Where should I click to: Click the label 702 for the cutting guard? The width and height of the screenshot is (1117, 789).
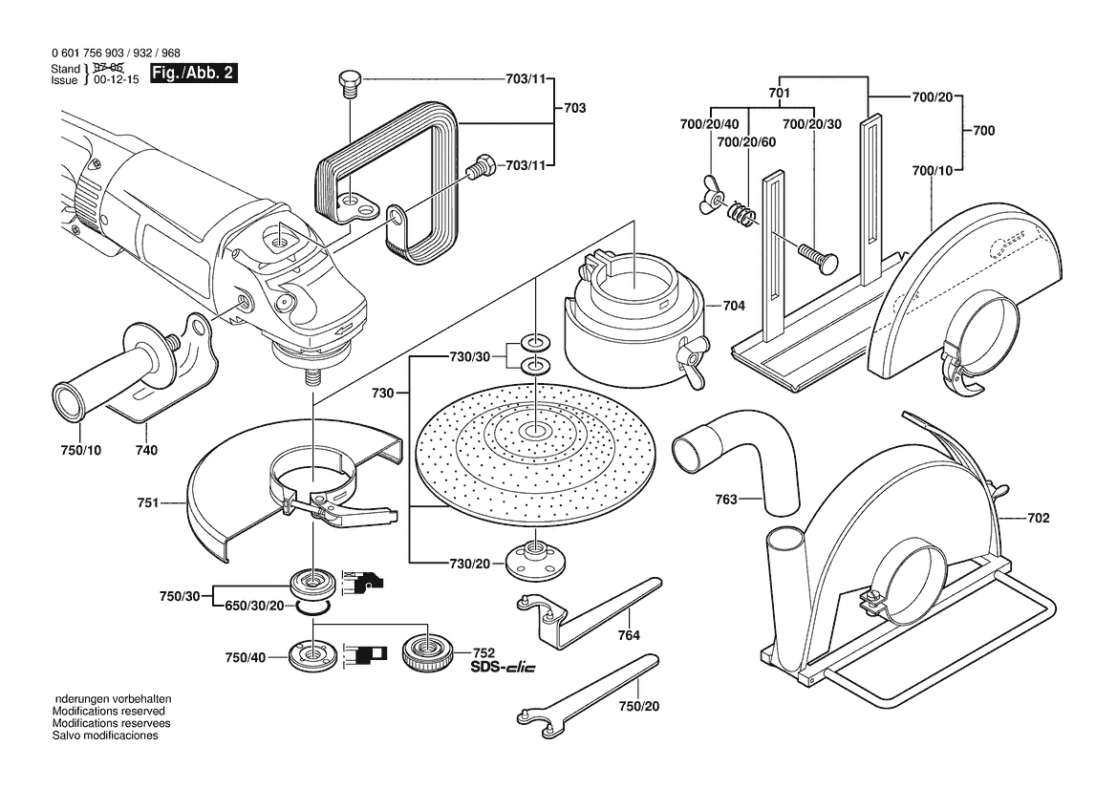click(x=1039, y=519)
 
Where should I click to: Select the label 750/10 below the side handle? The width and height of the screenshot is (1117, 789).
click(x=79, y=450)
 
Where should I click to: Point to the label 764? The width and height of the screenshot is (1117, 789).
click(x=628, y=635)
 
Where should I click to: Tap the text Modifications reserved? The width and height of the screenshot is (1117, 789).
click(x=108, y=712)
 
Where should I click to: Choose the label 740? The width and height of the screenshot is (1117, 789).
click(x=147, y=450)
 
